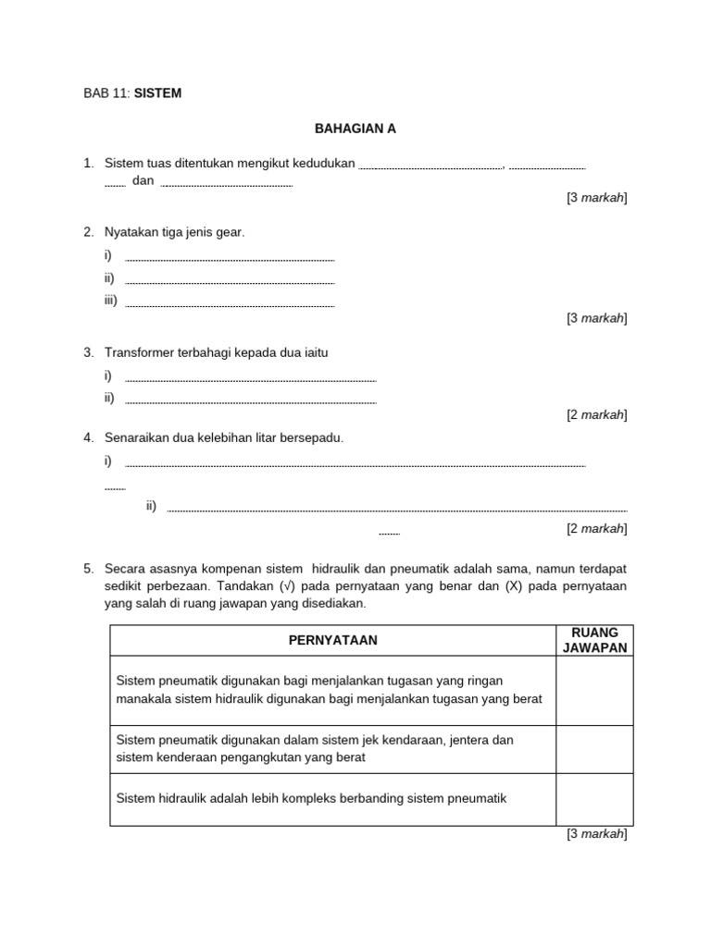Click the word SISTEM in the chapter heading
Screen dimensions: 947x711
(x=157, y=93)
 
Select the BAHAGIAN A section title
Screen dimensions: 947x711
(x=355, y=129)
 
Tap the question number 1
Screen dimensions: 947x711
(x=88, y=164)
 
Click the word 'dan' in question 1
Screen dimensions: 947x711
(x=143, y=181)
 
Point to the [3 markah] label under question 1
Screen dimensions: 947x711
(x=596, y=198)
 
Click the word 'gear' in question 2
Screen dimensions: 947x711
(x=229, y=232)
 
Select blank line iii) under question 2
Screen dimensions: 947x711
(x=229, y=303)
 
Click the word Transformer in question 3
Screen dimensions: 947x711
(x=138, y=352)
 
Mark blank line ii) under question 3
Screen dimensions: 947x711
(x=250, y=400)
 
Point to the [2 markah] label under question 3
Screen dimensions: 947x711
(x=596, y=415)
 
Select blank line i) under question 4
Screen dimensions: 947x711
(x=355, y=463)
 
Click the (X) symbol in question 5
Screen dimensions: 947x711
(x=515, y=585)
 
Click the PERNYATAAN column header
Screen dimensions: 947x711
(x=332, y=640)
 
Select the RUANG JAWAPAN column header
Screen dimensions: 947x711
(x=594, y=640)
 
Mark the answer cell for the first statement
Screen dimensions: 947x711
(x=594, y=690)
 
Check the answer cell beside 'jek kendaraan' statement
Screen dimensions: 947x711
(x=594, y=749)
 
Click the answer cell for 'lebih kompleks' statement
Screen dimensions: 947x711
(x=594, y=799)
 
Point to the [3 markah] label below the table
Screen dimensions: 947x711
(x=596, y=834)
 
